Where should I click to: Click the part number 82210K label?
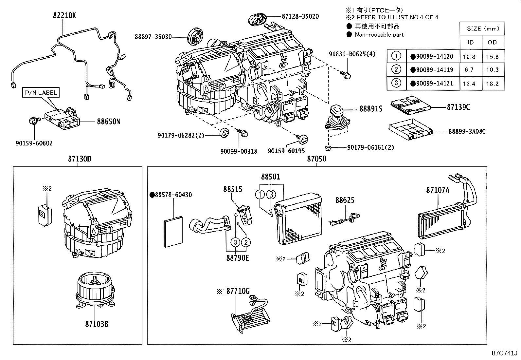[x=64, y=15]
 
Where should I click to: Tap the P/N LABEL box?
[x=40, y=93]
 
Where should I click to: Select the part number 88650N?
[x=108, y=122]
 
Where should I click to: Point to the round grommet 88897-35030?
[x=196, y=36]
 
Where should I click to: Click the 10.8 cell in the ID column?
[x=469, y=57]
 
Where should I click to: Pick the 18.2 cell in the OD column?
[x=492, y=84]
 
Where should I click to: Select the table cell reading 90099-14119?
[x=434, y=70]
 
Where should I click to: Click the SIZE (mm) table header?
[x=482, y=28]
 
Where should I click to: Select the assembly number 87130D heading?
[x=80, y=159]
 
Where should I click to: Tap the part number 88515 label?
[x=233, y=189]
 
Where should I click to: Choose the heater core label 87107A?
[x=438, y=190]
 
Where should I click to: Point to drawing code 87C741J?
[x=504, y=353]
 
